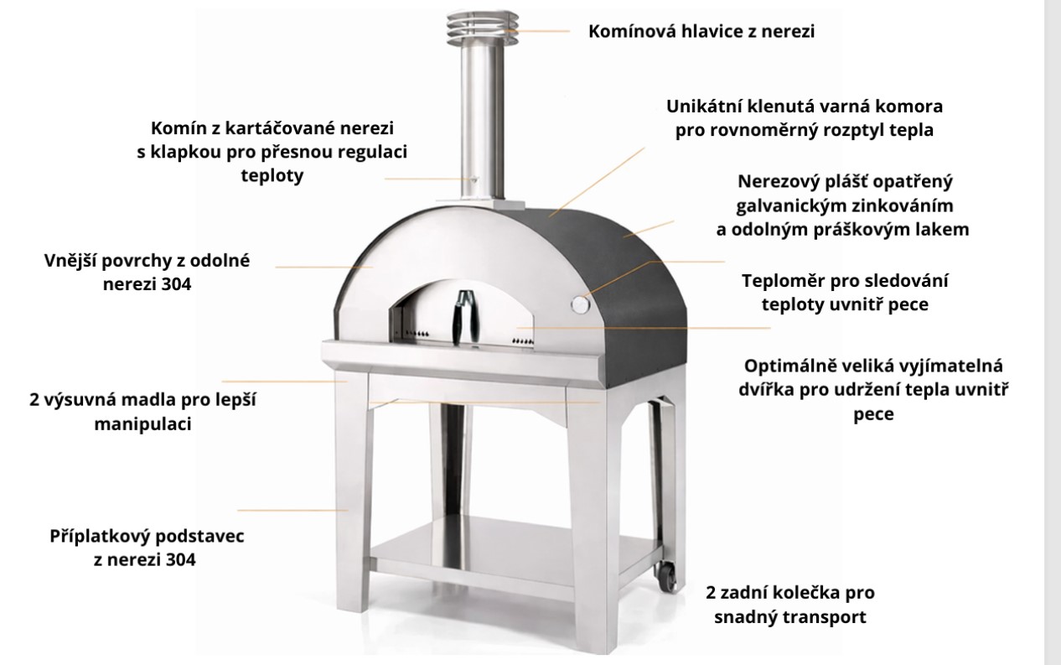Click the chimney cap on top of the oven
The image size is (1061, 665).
click(x=482, y=29)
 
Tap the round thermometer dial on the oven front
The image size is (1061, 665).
click(x=580, y=304)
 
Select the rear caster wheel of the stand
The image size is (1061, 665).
click(x=665, y=577)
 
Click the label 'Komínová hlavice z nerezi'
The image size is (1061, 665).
click(x=701, y=31)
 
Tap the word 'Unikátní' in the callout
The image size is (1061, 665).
click(x=704, y=107)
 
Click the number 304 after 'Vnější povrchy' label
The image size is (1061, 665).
click(x=176, y=284)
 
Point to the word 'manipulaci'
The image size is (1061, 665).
click(x=142, y=423)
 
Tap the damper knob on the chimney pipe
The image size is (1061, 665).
click(x=474, y=179)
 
